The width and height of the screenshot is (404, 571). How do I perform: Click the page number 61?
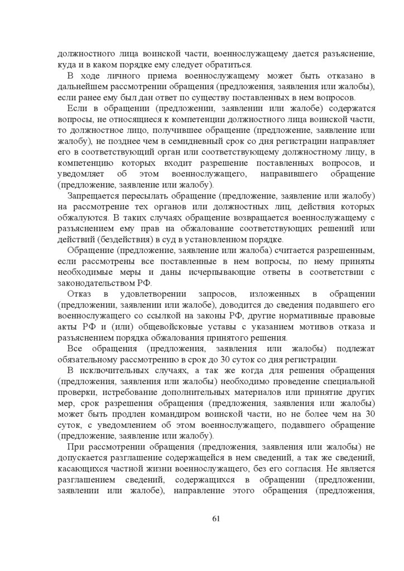click(217, 519)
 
